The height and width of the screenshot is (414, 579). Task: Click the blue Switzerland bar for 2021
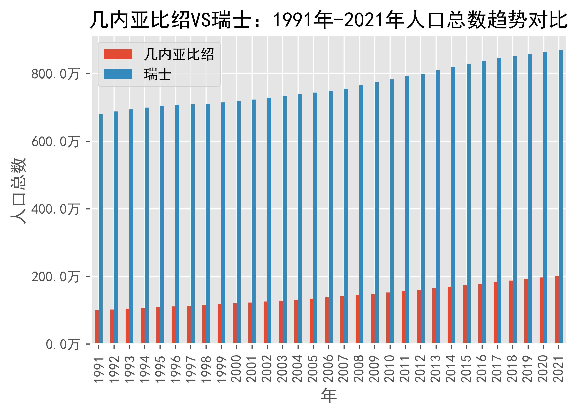coord(560,196)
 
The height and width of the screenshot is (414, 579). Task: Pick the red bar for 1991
coord(97,327)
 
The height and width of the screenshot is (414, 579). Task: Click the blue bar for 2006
coord(331,217)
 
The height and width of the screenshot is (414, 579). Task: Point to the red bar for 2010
coord(388,318)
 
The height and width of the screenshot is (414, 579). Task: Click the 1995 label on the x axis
coord(160,368)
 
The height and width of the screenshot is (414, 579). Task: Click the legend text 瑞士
coord(157,74)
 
